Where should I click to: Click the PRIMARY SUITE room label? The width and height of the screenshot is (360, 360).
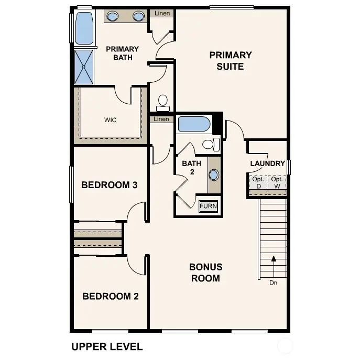(231, 60)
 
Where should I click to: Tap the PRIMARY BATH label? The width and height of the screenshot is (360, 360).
(122, 53)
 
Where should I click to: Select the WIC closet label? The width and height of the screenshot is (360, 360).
(110, 120)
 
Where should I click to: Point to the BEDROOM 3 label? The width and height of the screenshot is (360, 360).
(109, 185)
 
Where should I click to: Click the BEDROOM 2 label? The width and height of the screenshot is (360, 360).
(111, 296)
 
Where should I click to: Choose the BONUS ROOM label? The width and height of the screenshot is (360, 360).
(205, 272)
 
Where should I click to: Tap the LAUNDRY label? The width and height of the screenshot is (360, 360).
(267, 163)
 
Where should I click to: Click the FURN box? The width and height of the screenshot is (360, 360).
(208, 206)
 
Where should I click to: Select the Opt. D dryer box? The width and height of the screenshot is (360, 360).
(258, 182)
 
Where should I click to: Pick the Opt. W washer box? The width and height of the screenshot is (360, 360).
(276, 182)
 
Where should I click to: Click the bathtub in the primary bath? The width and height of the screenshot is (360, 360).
(84, 28)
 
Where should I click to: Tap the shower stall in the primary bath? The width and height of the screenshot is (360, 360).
(84, 67)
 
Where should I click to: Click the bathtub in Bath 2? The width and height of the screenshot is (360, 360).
(194, 124)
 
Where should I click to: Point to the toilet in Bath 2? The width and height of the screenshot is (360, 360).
(209, 144)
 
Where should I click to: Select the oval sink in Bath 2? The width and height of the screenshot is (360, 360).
(214, 175)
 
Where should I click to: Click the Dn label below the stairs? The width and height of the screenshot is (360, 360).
(273, 283)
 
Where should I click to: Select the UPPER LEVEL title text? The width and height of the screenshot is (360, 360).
(106, 346)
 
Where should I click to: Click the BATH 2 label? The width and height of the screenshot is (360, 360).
(191, 168)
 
